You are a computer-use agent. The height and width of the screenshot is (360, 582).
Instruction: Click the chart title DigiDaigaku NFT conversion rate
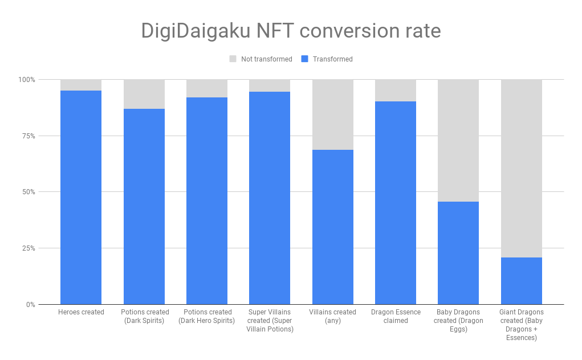291,31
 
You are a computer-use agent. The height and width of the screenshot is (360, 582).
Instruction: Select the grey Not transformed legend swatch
233,59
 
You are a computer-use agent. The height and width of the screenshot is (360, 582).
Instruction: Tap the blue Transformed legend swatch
304,59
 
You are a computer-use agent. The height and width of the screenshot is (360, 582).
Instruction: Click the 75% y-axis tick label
28,136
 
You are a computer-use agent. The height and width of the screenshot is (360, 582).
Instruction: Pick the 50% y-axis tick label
28,192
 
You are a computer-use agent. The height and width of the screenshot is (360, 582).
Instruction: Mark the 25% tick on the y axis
28,248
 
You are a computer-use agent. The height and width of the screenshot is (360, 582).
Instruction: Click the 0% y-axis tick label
30,305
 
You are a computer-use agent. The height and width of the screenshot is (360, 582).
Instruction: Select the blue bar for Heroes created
81,197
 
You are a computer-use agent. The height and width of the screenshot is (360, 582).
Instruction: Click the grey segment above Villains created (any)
332,114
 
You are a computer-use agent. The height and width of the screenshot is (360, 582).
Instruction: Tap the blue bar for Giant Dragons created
521,281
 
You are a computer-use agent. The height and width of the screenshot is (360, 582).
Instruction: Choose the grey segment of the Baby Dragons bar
458,140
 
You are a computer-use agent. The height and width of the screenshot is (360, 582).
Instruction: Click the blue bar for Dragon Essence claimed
396,203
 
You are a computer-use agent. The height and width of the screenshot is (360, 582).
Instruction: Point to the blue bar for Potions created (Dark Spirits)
144,206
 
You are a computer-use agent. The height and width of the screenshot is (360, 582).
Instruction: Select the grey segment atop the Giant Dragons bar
521,168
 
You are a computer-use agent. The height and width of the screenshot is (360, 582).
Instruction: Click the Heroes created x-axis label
81,312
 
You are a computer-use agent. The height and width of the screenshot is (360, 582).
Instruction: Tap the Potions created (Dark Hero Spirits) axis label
206,316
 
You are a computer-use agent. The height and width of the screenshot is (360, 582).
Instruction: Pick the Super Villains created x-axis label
270,321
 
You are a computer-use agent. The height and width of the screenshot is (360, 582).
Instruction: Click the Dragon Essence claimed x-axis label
396,316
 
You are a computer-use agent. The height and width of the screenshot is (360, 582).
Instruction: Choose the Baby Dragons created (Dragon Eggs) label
458,321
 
